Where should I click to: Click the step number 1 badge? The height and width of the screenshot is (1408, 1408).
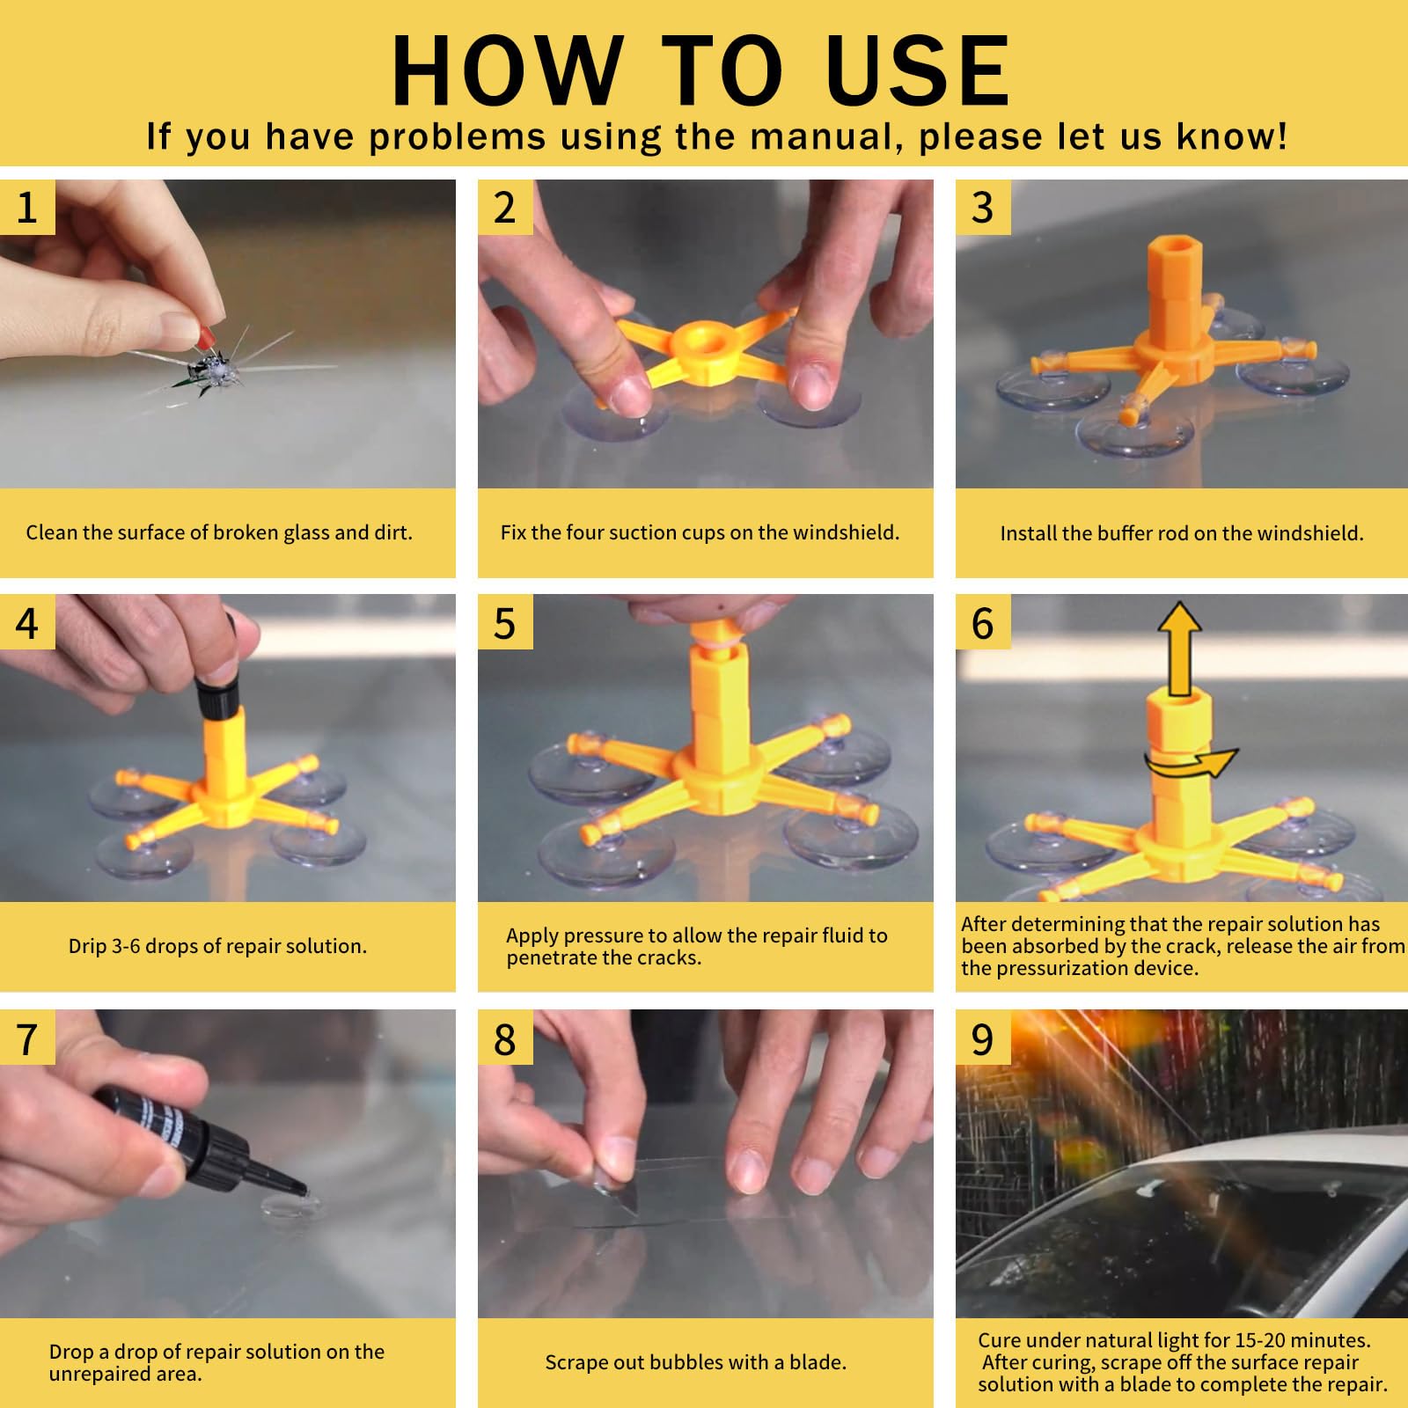[27, 208]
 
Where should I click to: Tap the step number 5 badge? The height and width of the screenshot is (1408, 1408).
[505, 622]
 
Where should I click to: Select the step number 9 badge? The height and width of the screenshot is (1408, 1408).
[983, 1038]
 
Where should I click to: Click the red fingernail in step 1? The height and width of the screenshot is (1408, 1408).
[208, 335]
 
